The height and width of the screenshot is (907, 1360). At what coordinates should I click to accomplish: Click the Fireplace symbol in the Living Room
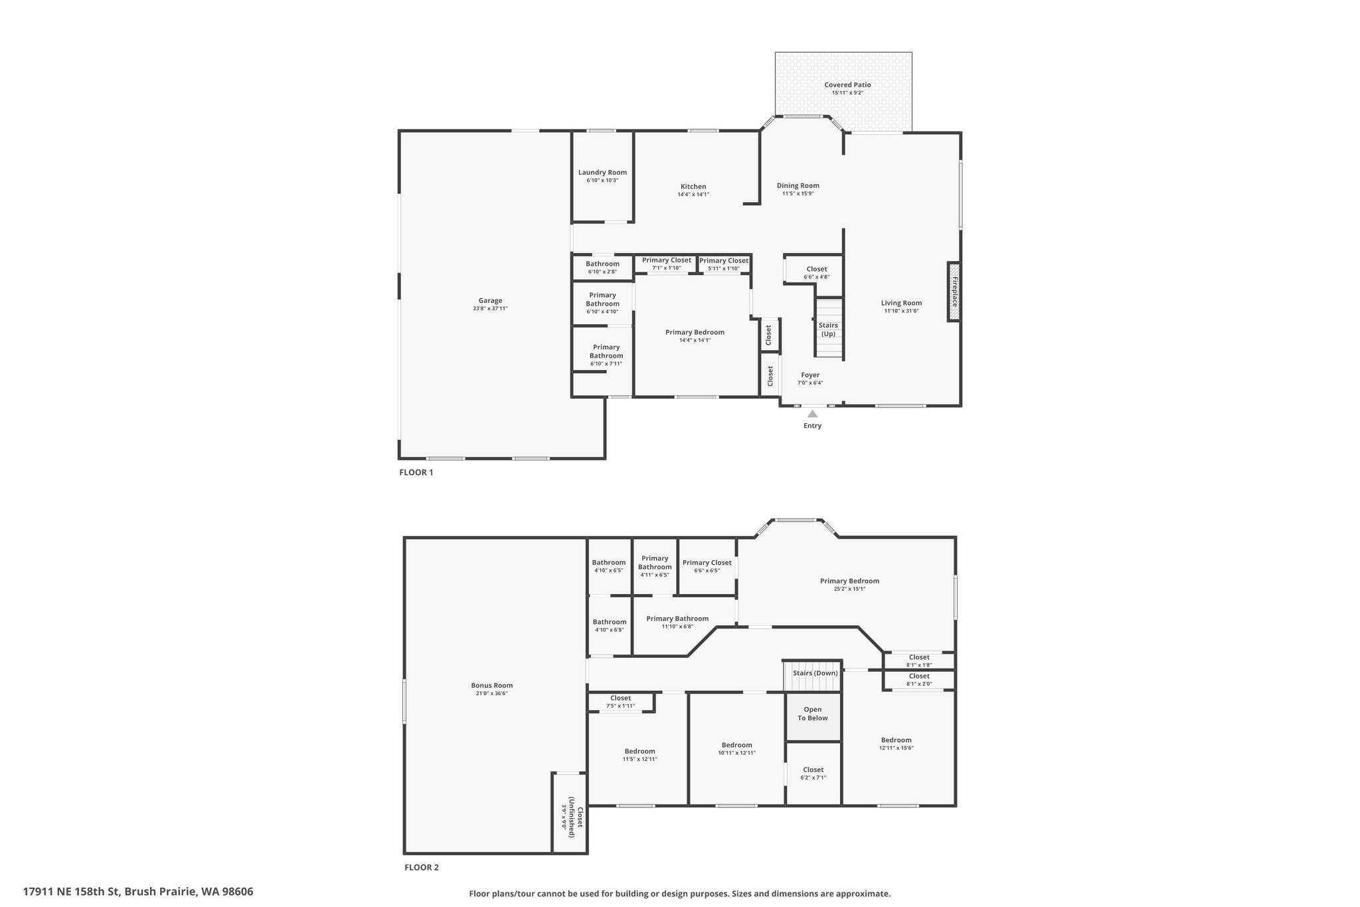(954, 292)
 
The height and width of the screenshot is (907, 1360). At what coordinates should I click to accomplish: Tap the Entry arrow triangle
(812, 413)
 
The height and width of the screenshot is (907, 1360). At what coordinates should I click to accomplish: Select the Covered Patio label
(847, 85)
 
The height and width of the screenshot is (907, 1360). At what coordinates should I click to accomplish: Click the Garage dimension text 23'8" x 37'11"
(490, 308)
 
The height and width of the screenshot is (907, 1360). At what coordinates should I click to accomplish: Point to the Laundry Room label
(602, 172)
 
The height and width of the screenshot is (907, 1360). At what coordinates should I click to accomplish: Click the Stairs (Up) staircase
(829, 328)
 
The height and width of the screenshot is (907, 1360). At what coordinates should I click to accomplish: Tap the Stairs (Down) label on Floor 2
(815, 673)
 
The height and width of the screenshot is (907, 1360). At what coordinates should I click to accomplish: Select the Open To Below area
(813, 717)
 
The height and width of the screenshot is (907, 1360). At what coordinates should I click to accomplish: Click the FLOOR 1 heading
(416, 472)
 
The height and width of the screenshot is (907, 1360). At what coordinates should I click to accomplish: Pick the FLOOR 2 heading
(422, 867)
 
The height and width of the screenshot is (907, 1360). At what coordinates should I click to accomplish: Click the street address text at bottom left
(138, 891)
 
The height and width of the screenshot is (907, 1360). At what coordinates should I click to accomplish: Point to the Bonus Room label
(492, 685)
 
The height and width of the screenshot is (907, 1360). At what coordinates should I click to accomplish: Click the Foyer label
(810, 375)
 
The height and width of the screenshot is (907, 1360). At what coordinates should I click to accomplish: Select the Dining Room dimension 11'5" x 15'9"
(798, 194)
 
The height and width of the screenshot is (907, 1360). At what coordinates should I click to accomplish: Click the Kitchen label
(693, 186)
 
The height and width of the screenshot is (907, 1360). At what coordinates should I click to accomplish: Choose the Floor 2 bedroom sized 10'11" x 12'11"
(736, 749)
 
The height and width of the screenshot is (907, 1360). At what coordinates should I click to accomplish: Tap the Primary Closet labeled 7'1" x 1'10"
(666, 264)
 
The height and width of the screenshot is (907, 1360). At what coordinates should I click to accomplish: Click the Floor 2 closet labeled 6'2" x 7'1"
(813, 773)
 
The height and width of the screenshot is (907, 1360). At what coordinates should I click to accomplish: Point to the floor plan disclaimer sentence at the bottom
(680, 894)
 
